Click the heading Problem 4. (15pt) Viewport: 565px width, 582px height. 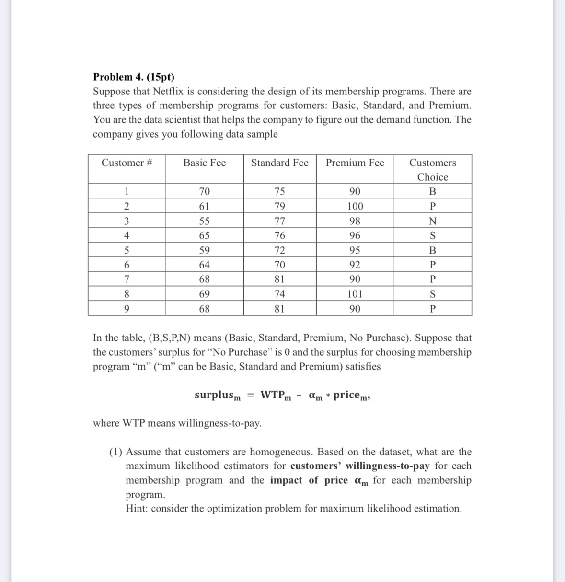(x=134, y=77)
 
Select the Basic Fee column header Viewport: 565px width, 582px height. (x=204, y=163)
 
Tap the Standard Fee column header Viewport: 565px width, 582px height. (x=279, y=163)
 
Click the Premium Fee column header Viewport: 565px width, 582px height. (x=355, y=163)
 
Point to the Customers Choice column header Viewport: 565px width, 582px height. (x=432, y=170)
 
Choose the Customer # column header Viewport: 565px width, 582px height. (x=127, y=163)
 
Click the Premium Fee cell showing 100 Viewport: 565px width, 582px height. (x=355, y=207)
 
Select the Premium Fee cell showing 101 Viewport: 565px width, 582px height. (x=355, y=294)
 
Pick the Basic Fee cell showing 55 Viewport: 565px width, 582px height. (x=204, y=221)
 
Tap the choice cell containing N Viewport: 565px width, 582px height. (x=432, y=221)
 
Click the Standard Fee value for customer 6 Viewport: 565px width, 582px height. (x=279, y=265)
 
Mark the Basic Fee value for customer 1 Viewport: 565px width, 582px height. (x=204, y=192)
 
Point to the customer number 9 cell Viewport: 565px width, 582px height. (x=127, y=309)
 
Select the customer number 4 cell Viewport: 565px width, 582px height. (x=127, y=236)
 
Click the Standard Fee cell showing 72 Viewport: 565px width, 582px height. (x=279, y=251)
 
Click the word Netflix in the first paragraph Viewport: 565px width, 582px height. (x=171, y=91)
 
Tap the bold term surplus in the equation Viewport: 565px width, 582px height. (x=214, y=395)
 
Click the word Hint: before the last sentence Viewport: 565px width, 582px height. (x=137, y=509)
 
